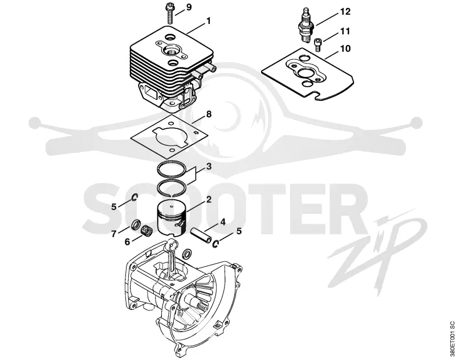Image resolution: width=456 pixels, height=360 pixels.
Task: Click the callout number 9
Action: click(x=189, y=7)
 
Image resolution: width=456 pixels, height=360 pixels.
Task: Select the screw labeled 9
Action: click(x=169, y=13)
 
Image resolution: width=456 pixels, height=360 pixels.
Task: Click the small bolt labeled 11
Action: click(x=318, y=45)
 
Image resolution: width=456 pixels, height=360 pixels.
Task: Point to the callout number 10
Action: click(x=345, y=48)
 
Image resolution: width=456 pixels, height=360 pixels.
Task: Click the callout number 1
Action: click(x=208, y=21)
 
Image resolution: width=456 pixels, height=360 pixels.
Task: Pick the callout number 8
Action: click(x=209, y=114)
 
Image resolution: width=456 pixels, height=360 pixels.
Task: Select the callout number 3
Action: click(x=209, y=167)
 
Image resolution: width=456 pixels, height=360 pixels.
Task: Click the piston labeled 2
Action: click(x=171, y=218)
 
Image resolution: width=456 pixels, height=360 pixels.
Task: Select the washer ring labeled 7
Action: click(x=135, y=225)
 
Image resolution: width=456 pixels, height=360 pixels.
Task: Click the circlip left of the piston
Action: click(x=135, y=197)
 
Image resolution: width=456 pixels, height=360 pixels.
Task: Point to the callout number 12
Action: click(x=345, y=11)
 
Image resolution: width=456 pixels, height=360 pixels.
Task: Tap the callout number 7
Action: click(x=113, y=234)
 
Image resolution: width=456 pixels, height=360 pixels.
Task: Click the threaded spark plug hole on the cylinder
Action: click(x=172, y=49)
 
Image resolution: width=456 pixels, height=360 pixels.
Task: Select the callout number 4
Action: click(x=222, y=222)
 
